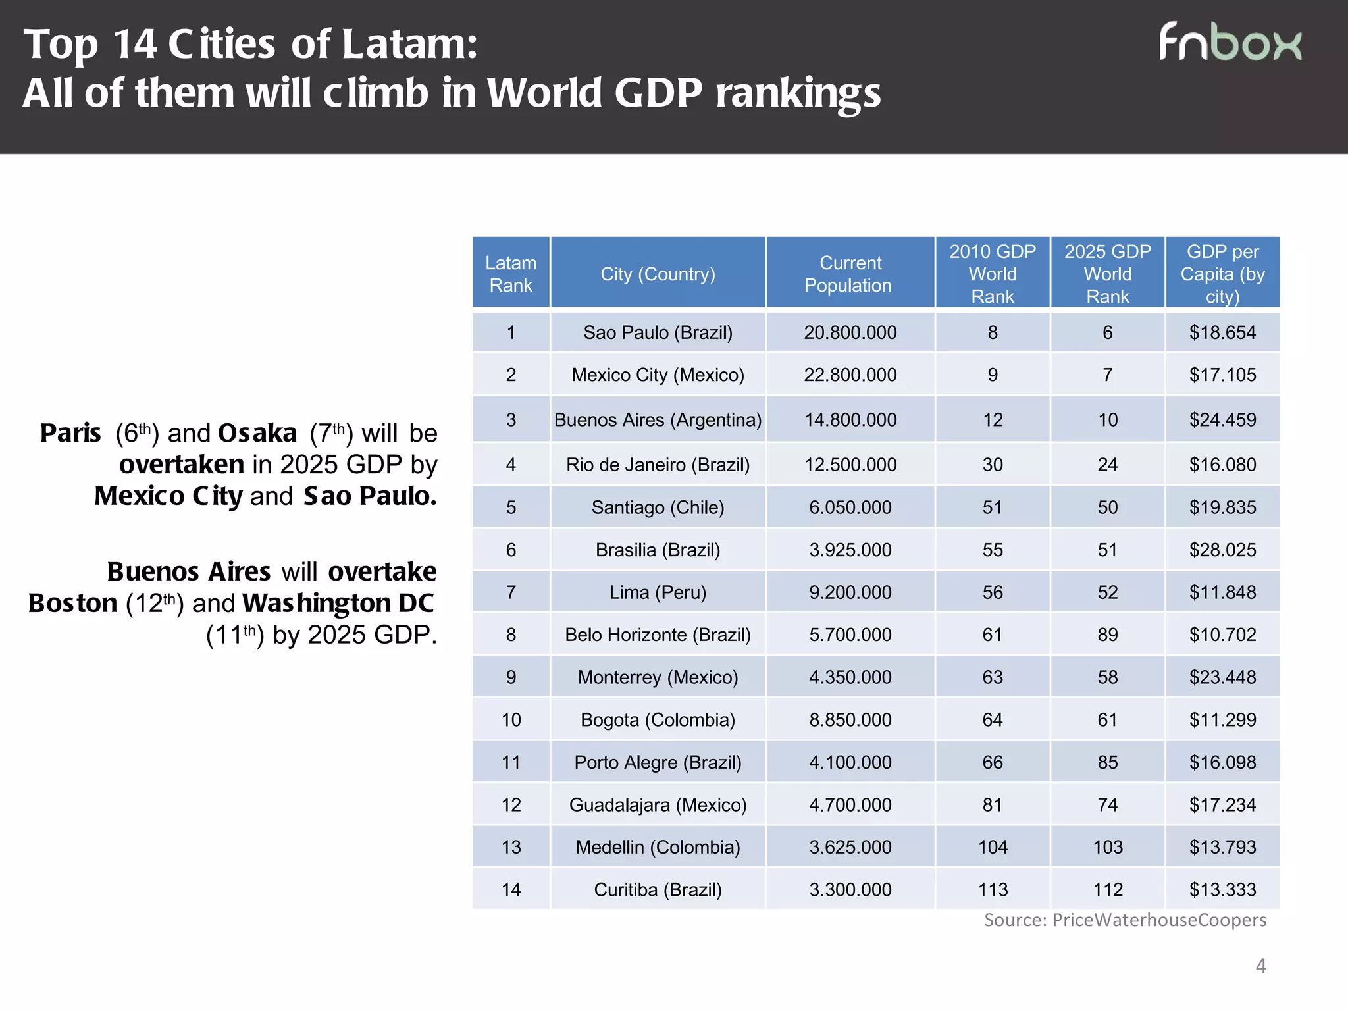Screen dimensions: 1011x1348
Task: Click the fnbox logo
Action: [x=1230, y=43]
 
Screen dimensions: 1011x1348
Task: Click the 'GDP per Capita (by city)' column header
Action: [x=1222, y=273]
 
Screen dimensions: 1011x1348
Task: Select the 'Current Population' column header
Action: [x=849, y=273]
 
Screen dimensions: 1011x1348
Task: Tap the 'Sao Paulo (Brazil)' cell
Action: [x=658, y=332]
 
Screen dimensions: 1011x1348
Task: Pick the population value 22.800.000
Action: [x=850, y=375]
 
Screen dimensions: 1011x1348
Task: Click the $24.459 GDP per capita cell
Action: [x=1222, y=419]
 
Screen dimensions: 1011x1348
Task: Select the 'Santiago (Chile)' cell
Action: [x=658, y=507]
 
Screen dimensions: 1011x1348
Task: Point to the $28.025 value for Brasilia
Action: [x=1222, y=550]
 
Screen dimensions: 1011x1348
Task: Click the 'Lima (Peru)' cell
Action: [x=658, y=592]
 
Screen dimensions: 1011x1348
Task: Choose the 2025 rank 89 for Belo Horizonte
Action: [x=1107, y=635]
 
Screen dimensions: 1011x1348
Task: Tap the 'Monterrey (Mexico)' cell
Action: [x=658, y=677]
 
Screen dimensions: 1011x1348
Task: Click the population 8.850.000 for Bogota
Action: [x=850, y=719]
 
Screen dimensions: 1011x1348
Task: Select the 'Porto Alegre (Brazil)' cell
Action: [x=658, y=762]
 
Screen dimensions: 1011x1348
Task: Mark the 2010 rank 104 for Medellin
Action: [x=993, y=847]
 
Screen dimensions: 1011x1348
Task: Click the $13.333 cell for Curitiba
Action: [x=1222, y=889]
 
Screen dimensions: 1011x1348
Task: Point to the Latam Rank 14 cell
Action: [x=511, y=889]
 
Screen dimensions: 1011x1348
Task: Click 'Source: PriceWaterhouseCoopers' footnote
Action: [x=1125, y=920]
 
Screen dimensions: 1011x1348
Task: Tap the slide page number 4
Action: [x=1260, y=966]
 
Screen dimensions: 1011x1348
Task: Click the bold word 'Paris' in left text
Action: [x=70, y=433]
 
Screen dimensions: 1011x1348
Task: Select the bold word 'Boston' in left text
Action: [x=72, y=603]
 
